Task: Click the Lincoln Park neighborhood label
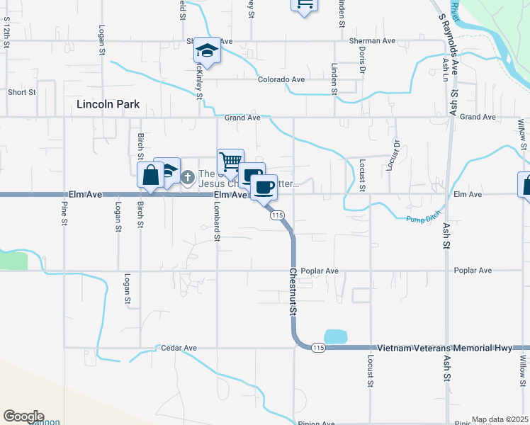point(108,104)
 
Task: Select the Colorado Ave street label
point(281,80)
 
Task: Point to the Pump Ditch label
point(424,218)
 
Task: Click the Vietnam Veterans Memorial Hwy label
point(444,348)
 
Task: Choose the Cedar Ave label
point(179,348)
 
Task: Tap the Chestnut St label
point(293,292)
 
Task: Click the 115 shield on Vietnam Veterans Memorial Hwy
point(318,348)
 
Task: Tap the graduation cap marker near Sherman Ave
point(207,50)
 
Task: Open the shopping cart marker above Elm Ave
point(230,162)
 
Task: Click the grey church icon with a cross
point(188,176)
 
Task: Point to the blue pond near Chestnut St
point(335,337)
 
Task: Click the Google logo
point(23,416)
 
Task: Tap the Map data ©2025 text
point(500,419)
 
